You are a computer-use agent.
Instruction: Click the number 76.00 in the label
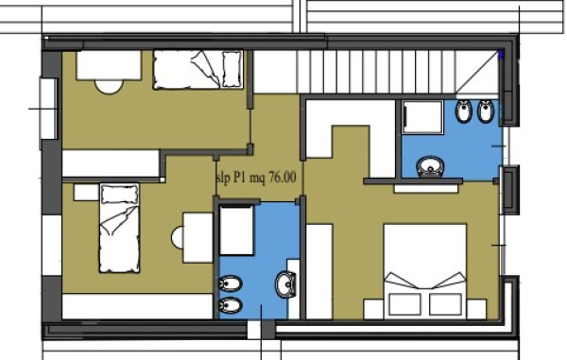pyautogui.click(x=283, y=178)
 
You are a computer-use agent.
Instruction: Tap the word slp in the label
pyautogui.click(x=222, y=179)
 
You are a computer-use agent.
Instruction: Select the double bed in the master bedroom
pyautogui.click(x=425, y=271)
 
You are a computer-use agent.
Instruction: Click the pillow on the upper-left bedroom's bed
pyautogui.click(x=232, y=69)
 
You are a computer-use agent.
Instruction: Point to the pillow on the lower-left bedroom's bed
pyautogui.click(x=119, y=194)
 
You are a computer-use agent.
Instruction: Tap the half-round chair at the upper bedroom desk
pyautogui.click(x=109, y=87)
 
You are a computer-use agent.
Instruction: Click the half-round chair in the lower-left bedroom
pyautogui.click(x=178, y=237)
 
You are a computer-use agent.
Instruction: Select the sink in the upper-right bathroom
pyautogui.click(x=430, y=166)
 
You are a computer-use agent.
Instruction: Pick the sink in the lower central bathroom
pyautogui.click(x=286, y=284)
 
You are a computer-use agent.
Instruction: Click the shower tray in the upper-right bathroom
pyautogui.click(x=422, y=117)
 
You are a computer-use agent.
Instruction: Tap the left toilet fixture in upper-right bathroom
pyautogui.click(x=464, y=111)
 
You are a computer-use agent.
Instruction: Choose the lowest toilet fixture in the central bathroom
pyautogui.click(x=231, y=306)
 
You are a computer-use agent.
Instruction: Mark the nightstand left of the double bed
pyautogui.click(x=373, y=309)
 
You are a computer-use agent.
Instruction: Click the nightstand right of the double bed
pyautogui.click(x=476, y=309)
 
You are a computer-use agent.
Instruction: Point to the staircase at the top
pyautogui.click(x=398, y=72)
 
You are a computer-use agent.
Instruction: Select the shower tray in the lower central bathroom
pyautogui.click(x=236, y=231)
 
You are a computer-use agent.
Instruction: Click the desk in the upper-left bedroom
pyautogui.click(x=109, y=65)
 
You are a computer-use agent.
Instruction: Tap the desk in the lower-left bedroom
pyautogui.click(x=198, y=237)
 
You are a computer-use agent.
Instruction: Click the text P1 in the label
pyautogui.click(x=240, y=178)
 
